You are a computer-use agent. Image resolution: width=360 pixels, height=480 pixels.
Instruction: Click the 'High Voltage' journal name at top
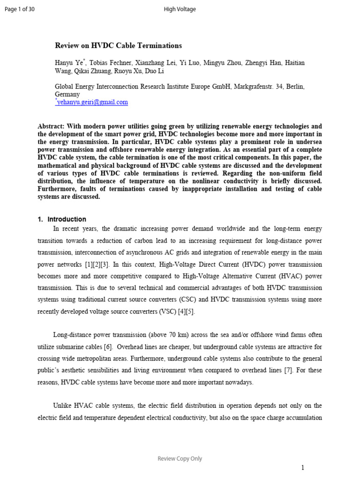point(180,9)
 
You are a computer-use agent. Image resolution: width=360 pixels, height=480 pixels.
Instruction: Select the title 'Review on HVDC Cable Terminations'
point(118,45)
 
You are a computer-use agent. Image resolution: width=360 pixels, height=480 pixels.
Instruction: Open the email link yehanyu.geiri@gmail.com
point(92,102)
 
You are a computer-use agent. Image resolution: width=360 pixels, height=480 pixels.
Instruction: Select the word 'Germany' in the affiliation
point(67,94)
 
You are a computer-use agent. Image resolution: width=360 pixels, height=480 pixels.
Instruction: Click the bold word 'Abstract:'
point(51,127)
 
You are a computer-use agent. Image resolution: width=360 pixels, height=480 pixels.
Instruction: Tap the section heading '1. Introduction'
point(61,219)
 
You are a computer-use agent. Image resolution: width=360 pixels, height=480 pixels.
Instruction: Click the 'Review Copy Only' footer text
point(180,458)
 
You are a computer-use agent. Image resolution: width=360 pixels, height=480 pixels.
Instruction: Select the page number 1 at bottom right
point(303,467)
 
